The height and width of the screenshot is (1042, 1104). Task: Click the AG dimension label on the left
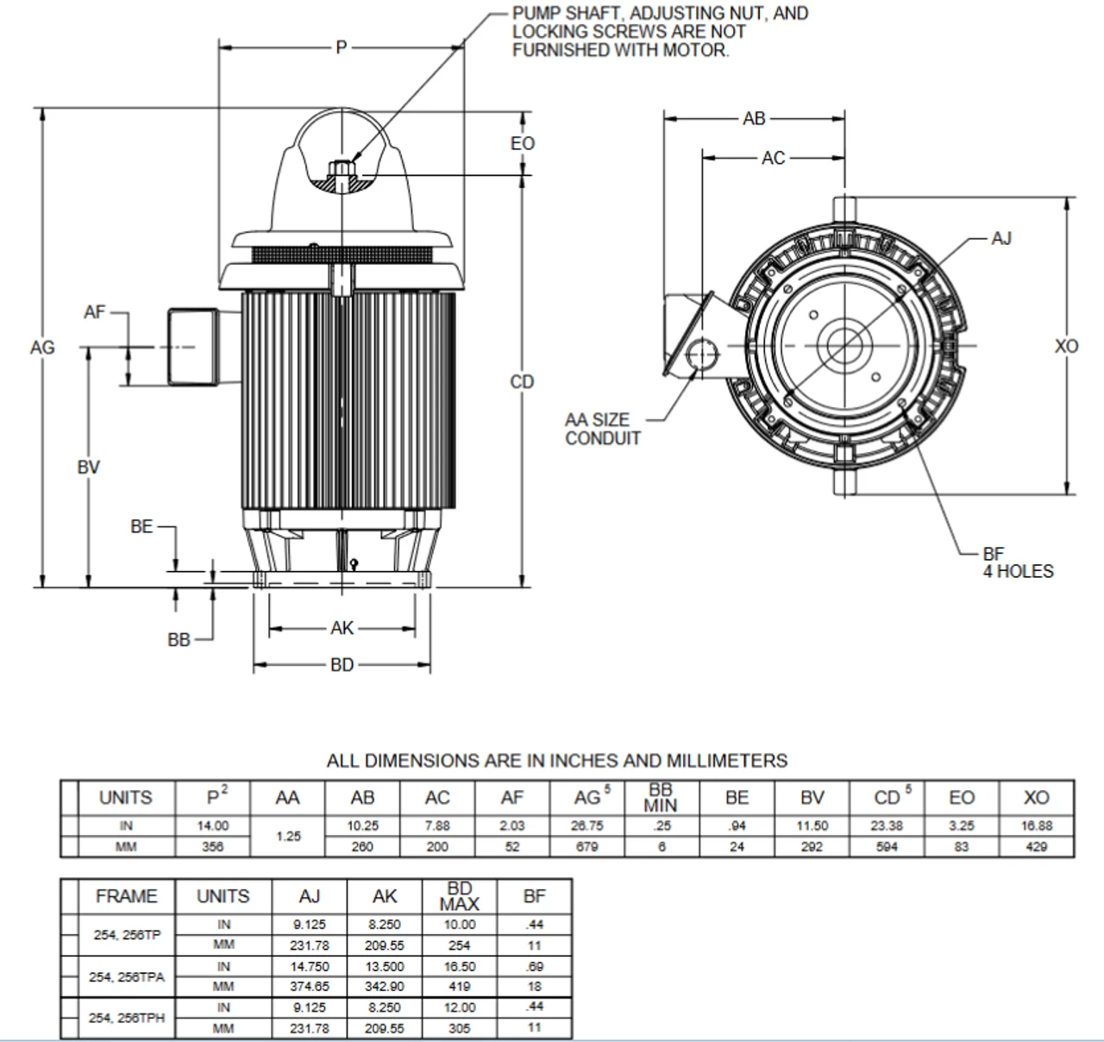42,348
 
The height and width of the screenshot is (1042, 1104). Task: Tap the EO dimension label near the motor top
522,144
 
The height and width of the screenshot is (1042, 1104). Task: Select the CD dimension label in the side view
522,382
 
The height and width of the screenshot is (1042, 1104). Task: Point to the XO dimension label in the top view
1067,347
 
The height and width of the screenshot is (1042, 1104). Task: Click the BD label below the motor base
342,666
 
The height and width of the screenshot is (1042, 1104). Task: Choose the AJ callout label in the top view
1000,239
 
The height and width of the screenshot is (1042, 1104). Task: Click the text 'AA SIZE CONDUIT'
603,430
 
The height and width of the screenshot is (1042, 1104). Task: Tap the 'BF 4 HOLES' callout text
1018,563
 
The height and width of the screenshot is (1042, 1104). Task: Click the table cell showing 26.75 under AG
586,826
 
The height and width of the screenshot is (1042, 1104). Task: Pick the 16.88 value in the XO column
1036,826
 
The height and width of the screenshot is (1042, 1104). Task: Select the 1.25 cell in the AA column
287,837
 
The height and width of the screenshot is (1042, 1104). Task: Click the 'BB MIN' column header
661,798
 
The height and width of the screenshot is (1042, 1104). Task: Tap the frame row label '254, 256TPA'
126,977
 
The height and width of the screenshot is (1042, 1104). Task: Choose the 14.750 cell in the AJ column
310,967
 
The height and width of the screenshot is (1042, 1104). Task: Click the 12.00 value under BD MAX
459,1007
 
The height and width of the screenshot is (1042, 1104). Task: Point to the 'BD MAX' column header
459,896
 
